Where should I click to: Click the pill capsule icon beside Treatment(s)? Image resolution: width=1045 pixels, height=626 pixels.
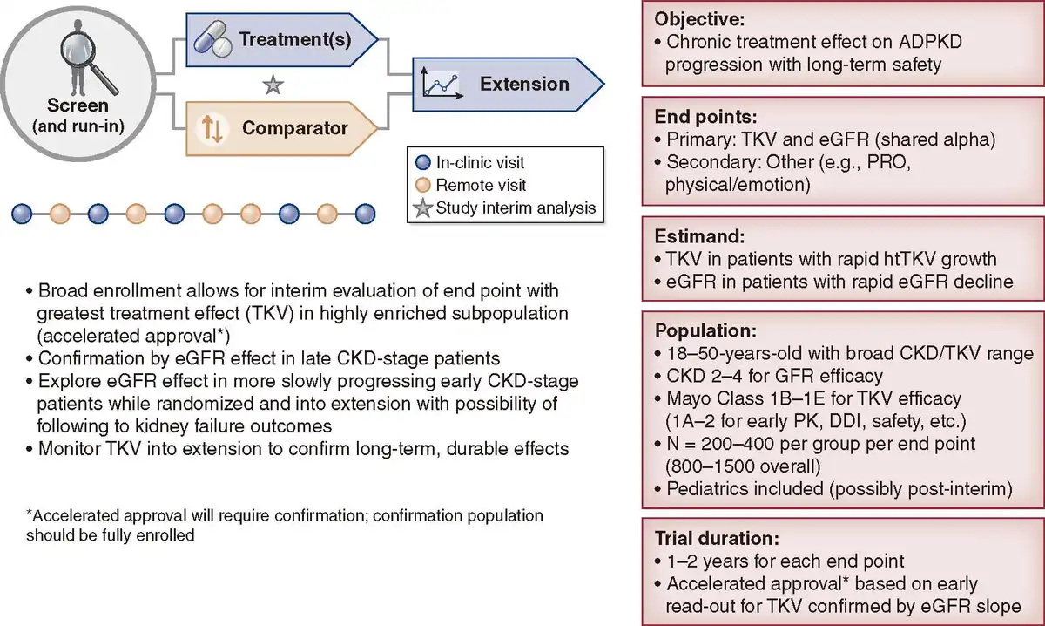pos(212,39)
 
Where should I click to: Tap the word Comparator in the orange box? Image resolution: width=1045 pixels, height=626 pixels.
pos(295,128)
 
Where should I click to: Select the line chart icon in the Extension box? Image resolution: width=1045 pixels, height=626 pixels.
pos(442,83)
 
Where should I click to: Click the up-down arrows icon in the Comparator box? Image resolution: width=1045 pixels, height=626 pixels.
pos(212,128)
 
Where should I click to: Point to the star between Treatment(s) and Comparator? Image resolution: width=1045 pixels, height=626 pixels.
pos(273,85)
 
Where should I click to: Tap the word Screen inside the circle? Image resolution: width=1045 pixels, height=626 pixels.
pos(78,105)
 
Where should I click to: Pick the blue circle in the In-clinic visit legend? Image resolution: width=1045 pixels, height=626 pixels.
pos(422,162)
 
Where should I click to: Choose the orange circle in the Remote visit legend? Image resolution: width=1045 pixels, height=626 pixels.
pos(422,185)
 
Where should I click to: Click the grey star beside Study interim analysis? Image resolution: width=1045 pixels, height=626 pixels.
pos(423,208)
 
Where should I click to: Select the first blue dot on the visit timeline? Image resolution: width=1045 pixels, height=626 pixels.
pos(22,214)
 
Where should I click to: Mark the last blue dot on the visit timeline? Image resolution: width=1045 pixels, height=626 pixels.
pos(365,214)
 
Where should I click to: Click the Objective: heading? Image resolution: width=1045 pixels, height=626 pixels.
pos(699,19)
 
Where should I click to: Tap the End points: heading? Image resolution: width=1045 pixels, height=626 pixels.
pos(705,117)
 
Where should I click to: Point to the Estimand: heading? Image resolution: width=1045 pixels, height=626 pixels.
pos(699,236)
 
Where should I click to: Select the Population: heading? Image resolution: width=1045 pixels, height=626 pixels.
pos(705,330)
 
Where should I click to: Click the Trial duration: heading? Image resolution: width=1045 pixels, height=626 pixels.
pos(717,539)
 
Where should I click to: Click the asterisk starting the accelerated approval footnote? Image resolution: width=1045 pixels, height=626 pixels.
pos(30,513)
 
